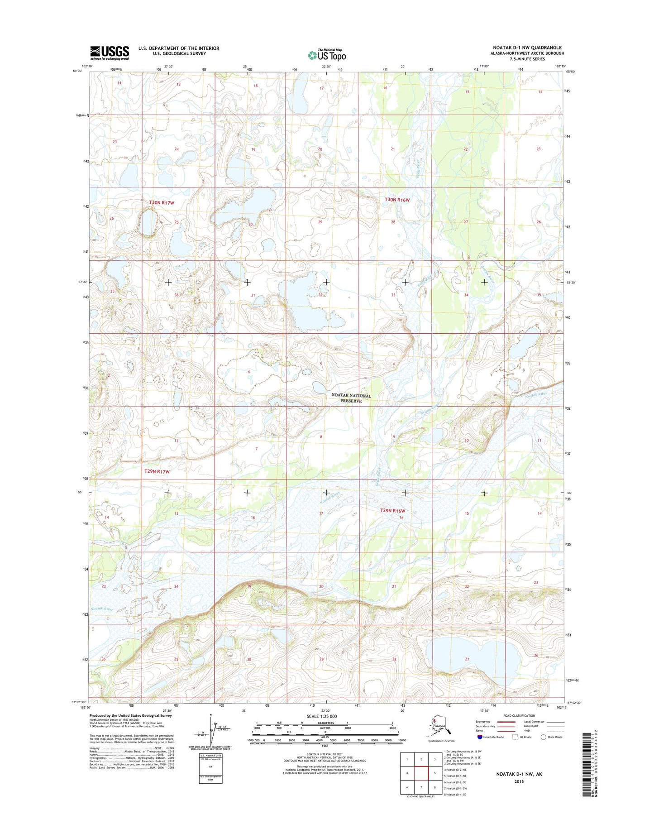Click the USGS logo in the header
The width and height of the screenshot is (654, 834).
pos(110,53)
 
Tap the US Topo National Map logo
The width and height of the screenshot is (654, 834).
pos(327,55)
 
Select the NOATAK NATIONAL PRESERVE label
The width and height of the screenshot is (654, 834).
pos(351,398)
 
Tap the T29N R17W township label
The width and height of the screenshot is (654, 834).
pos(157,471)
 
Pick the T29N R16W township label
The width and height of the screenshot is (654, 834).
pos(392,511)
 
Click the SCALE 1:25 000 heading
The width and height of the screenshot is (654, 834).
pos(322,716)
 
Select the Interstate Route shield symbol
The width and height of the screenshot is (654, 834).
pos(480,737)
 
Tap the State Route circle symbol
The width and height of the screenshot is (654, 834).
pos(544,737)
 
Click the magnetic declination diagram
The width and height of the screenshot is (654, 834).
pos(211,729)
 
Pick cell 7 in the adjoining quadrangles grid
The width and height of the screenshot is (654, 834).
pos(421,787)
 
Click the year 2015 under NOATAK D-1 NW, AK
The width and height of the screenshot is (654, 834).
pos(519,781)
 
